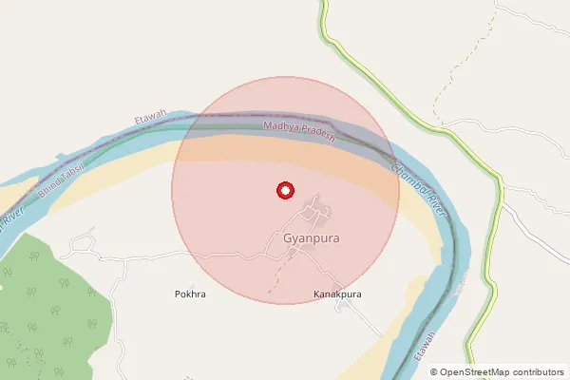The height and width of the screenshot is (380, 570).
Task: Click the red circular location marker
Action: pos(284,191)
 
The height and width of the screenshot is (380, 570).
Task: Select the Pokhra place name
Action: pos(190,294)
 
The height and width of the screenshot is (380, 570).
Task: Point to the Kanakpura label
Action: pos(338,294)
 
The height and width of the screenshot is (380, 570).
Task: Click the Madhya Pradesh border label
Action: pos(299,131)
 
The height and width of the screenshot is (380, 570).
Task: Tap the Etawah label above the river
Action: pos(151,120)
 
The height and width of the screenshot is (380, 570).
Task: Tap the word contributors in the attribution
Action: pos(540,372)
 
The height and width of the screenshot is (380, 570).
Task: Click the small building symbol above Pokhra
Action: pos(191,284)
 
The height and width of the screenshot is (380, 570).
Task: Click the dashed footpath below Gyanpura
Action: pos(277,277)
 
